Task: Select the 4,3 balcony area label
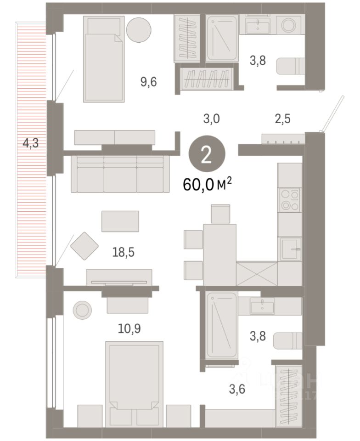click(x=31, y=143)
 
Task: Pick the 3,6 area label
click(x=236, y=390)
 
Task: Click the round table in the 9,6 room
click(x=139, y=29)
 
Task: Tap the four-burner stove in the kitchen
click(x=290, y=200)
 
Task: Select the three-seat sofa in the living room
click(x=120, y=174)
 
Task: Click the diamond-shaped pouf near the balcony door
click(x=84, y=246)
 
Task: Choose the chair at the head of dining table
click(x=220, y=214)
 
